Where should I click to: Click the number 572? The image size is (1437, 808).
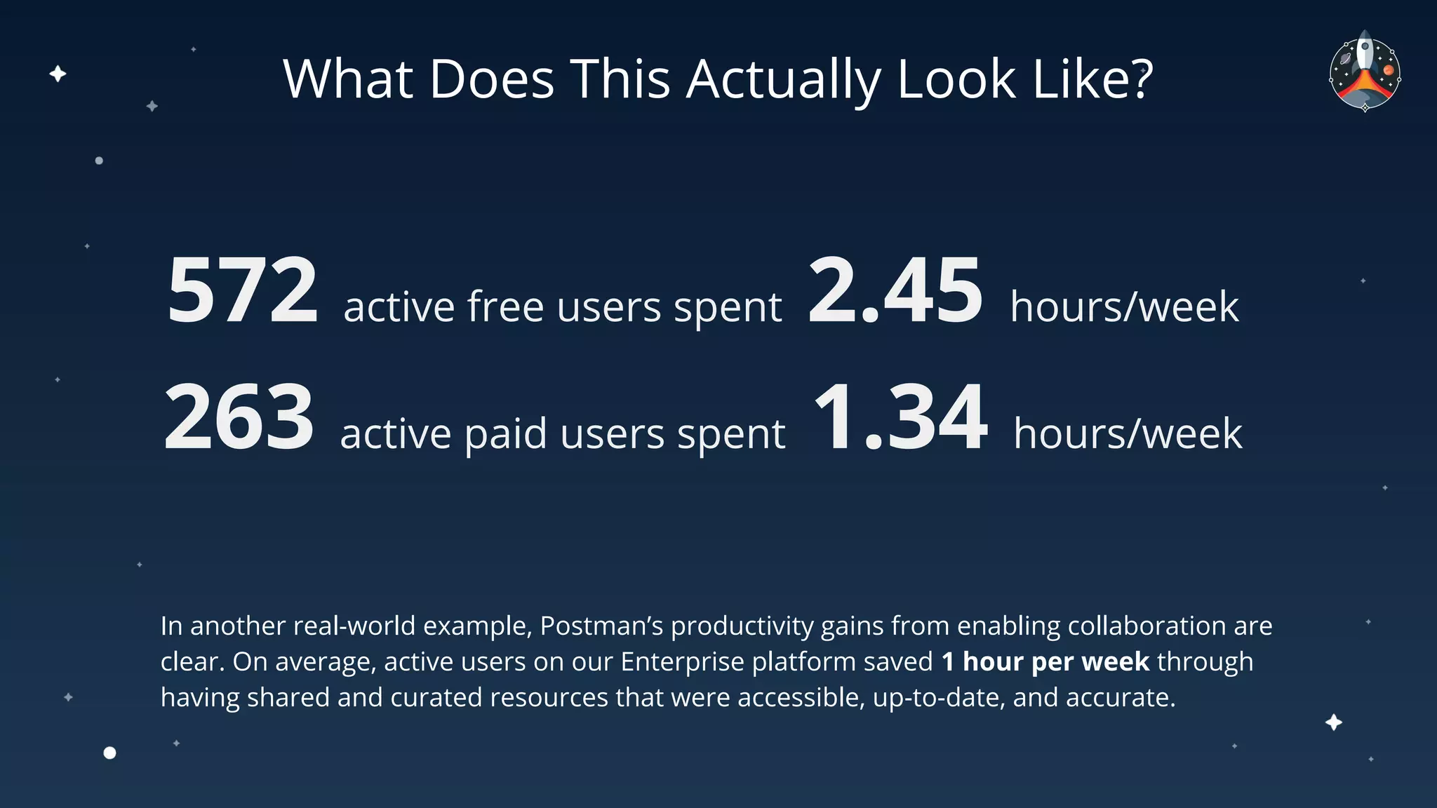point(243,290)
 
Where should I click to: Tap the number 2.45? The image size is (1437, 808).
point(895,290)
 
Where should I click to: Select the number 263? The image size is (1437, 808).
point(239,418)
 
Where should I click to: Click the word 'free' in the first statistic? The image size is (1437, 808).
point(506,307)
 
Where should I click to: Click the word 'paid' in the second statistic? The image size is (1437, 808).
point(505,434)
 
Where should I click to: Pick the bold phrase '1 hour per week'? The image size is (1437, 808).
point(1045,661)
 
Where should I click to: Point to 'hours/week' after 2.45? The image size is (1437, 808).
point(1124,307)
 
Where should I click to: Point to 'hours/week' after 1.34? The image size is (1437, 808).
point(1128,434)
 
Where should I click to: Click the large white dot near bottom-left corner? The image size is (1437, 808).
point(109,753)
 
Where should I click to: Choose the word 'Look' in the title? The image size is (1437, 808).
point(956,79)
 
